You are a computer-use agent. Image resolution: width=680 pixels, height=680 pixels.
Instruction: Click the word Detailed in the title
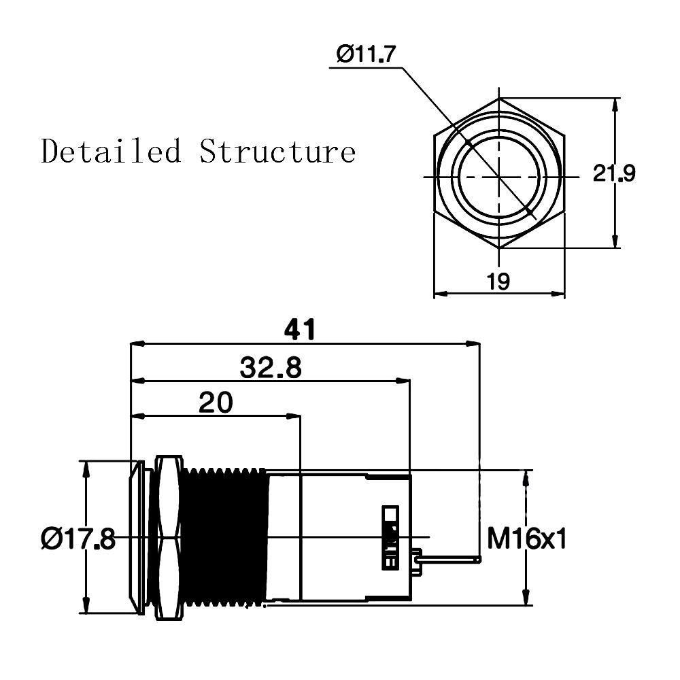111,151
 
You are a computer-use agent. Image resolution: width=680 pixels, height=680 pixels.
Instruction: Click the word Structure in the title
277,151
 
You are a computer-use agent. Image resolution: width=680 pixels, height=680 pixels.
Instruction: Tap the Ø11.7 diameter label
367,54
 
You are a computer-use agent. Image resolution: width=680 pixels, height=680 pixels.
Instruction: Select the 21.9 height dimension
614,173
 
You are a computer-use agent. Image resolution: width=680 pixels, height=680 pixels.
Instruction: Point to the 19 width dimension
498,282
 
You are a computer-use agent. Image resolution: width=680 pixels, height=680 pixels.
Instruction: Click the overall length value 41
300,330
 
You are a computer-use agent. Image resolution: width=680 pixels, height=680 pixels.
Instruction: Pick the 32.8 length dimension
271,368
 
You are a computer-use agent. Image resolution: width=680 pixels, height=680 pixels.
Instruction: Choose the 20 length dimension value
216,403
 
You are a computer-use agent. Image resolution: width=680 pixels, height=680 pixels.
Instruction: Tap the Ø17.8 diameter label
78,539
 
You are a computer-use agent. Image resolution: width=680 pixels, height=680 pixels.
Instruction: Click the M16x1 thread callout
526,539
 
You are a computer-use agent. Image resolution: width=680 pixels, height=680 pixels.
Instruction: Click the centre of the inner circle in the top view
499,177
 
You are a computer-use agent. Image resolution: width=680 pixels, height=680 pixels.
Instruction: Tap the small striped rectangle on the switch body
390,537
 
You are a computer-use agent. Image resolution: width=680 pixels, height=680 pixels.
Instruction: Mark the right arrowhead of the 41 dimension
473,343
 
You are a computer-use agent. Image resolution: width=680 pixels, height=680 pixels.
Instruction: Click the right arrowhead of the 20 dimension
293,416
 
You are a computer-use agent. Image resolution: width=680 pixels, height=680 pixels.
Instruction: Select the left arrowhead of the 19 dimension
441,294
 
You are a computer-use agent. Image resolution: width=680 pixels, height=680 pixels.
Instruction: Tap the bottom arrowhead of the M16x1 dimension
526,597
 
